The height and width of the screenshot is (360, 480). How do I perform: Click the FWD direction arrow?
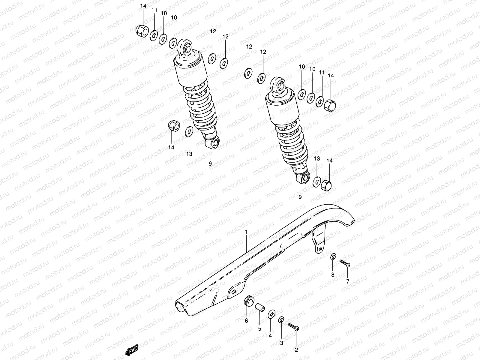131,349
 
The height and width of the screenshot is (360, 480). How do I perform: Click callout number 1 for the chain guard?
246,232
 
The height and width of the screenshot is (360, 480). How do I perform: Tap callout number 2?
296,349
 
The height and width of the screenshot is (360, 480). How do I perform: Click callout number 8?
333,274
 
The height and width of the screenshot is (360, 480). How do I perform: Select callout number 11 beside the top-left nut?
154,10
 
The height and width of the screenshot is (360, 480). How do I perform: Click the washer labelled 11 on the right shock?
320,101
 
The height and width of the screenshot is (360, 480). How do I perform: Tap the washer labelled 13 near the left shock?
189,131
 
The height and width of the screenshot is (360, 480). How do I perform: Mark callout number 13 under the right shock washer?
317,158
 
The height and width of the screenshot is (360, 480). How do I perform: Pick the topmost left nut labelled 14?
142,30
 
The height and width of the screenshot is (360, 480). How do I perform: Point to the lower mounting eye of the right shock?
304,177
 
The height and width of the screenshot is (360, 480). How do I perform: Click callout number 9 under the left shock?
210,163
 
